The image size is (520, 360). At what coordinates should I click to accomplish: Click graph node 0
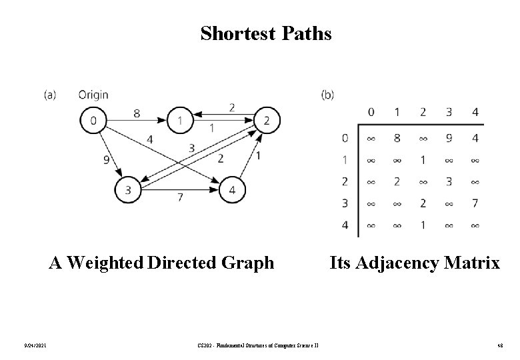(x=93, y=120)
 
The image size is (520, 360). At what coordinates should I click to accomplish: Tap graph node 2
(x=267, y=120)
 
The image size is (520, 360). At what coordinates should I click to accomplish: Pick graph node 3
(x=127, y=190)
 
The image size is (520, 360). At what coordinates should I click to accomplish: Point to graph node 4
(x=231, y=190)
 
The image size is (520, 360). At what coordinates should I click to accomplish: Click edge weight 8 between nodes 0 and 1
(x=136, y=113)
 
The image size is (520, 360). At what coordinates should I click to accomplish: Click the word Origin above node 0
(x=93, y=95)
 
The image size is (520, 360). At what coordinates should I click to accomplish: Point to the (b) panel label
(x=327, y=95)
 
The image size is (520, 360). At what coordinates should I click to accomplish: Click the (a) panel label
(x=50, y=95)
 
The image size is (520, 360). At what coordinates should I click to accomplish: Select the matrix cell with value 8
(x=397, y=139)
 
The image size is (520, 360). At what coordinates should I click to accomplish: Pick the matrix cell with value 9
(x=449, y=139)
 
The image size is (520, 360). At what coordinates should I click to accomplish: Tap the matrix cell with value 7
(x=475, y=203)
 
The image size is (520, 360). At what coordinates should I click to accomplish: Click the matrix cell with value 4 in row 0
(x=475, y=139)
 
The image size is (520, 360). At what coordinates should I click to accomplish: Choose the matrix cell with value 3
(x=449, y=182)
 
